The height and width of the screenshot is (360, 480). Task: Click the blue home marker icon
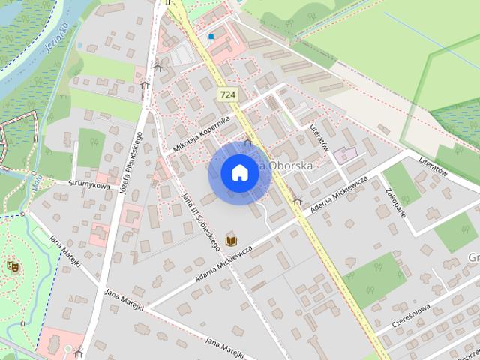[240, 173]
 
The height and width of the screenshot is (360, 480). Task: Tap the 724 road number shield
[228, 94]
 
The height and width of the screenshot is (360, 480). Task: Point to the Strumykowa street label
[89, 184]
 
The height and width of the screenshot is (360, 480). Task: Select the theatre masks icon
[12, 265]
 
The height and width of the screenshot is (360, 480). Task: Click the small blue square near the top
[211, 36]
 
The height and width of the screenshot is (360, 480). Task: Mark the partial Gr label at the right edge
[473, 257]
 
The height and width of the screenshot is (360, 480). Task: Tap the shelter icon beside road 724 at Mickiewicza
[298, 201]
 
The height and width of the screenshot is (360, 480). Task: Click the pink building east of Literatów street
[344, 156]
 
